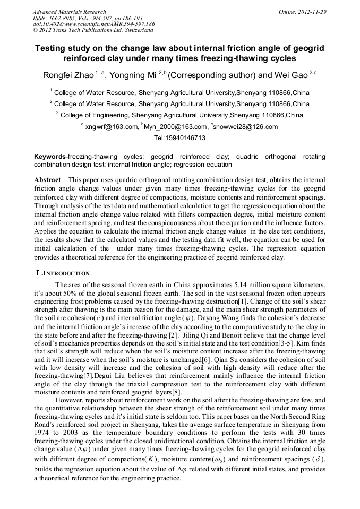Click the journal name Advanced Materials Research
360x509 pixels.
(x=69, y=12)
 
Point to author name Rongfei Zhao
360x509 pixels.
(x=67, y=75)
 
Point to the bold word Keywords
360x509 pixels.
(x=49, y=157)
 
